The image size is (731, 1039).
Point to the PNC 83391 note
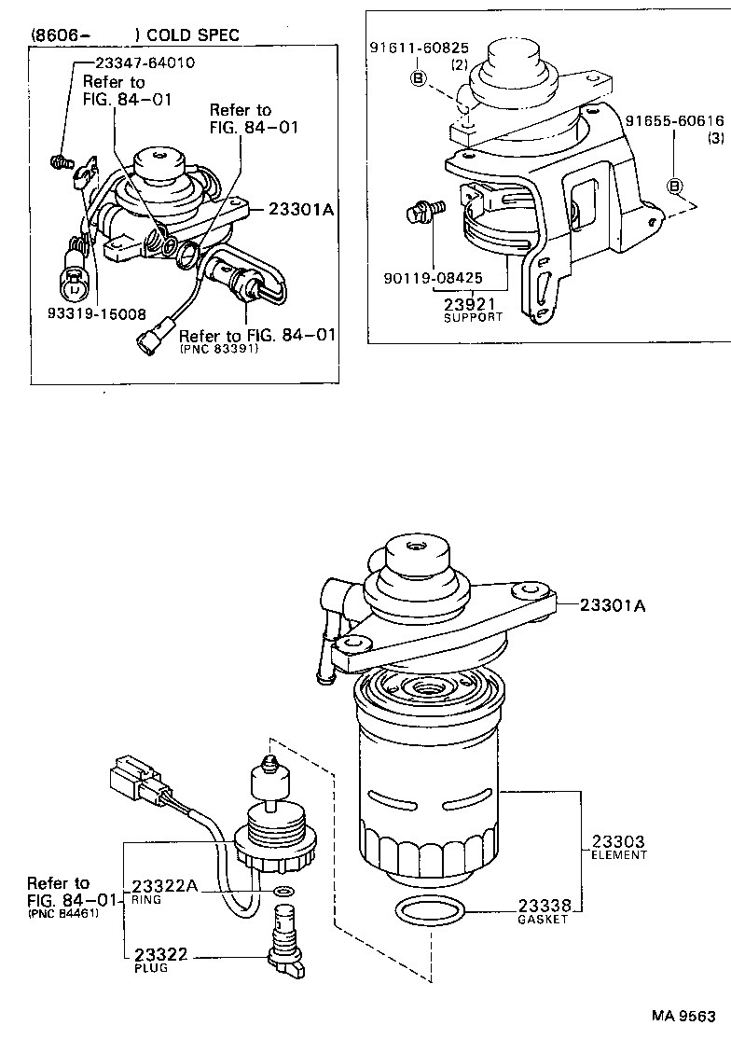[x=218, y=350]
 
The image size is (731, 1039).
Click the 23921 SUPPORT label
[x=472, y=308]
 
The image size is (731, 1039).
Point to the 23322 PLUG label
[x=161, y=958]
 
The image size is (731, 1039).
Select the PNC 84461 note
[x=61, y=912]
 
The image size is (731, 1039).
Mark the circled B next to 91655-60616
[x=674, y=187]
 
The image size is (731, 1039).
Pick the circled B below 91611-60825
[x=418, y=78]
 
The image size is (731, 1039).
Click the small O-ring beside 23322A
[x=283, y=892]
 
